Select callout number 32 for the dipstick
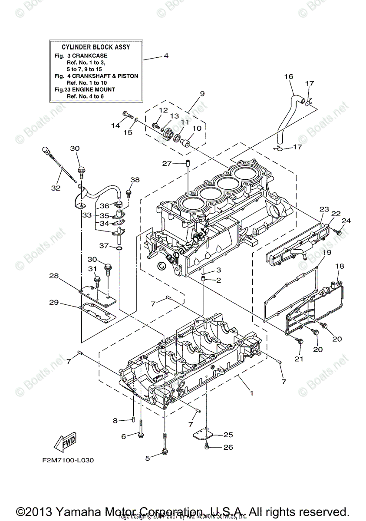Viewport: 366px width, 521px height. [x=56, y=188]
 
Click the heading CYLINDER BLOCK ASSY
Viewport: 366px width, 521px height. [x=96, y=47]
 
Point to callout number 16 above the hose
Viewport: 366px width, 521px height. [x=289, y=77]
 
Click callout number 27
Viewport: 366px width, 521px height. [x=167, y=163]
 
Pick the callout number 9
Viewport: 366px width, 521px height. [x=202, y=93]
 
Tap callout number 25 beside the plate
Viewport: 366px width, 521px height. [x=228, y=434]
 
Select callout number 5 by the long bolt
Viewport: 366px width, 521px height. [x=147, y=458]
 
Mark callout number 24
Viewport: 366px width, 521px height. [x=346, y=221]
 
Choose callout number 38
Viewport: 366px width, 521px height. [x=135, y=180]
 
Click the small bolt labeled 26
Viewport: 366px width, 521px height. [x=208, y=446]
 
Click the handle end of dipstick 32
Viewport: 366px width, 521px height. [x=45, y=151]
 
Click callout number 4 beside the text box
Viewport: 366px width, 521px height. [x=166, y=56]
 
